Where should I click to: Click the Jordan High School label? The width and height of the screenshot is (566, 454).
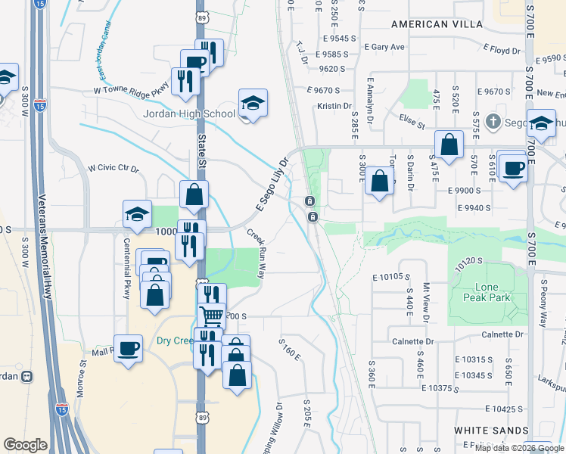189,114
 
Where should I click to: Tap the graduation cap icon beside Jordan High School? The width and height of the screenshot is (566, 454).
253,104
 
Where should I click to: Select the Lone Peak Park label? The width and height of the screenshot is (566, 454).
476,293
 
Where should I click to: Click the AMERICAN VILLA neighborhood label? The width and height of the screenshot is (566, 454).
437,24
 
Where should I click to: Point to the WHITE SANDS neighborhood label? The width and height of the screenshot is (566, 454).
491,430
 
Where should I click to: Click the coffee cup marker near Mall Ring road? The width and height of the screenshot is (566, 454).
128,347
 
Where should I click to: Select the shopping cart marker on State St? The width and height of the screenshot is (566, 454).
211,313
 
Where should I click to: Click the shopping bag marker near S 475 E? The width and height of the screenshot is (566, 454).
449,145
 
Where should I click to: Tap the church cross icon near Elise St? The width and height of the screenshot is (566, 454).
493,121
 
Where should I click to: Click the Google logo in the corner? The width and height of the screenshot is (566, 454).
25,445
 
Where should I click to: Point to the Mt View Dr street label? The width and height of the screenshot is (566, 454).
426,299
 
